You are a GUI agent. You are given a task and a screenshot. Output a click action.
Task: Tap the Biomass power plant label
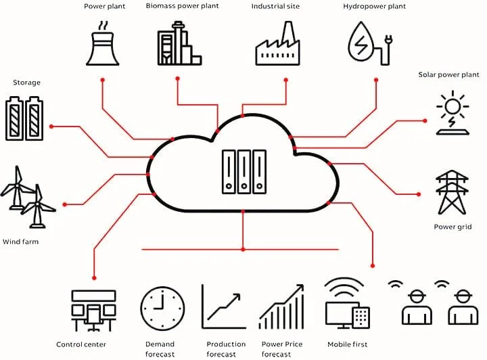[183, 6]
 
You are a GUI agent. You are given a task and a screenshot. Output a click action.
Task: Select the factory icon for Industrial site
[278, 43]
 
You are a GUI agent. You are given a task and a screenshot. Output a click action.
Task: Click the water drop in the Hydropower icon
[361, 41]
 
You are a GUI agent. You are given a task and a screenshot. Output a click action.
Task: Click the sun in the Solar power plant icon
[453, 106]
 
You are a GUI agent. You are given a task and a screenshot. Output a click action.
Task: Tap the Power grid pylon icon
[453, 192]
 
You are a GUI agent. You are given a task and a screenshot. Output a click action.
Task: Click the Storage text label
[26, 83]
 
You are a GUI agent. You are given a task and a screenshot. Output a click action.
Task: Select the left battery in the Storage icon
[15, 118]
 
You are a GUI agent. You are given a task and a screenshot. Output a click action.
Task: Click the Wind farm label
[20, 242]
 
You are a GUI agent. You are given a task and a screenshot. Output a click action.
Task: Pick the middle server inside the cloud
[244, 172]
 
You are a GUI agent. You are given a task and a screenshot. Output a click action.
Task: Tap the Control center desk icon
[94, 311]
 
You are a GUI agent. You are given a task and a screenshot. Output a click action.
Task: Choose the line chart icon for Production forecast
[224, 307]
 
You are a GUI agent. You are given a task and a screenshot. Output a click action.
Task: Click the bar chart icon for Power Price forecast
[281, 307]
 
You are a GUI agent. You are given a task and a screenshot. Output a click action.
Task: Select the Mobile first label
[347, 344]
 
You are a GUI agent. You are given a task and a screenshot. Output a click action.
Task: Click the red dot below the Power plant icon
[103, 80]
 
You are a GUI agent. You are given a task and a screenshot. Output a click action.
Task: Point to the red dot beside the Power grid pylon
[419, 194]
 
